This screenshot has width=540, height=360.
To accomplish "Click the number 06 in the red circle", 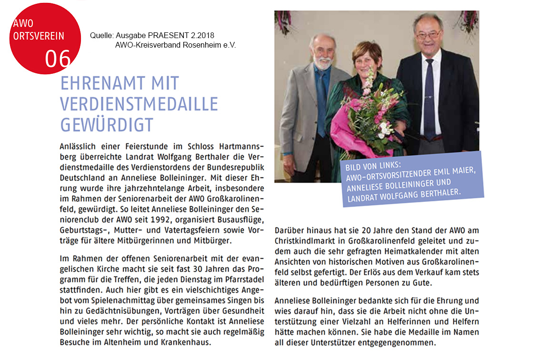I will (x=58, y=59).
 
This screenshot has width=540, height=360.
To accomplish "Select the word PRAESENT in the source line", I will (x=172, y=36).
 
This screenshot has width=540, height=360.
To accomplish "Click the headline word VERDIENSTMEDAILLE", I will (x=139, y=103).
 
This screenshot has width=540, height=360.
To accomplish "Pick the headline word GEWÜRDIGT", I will (x=107, y=124).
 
